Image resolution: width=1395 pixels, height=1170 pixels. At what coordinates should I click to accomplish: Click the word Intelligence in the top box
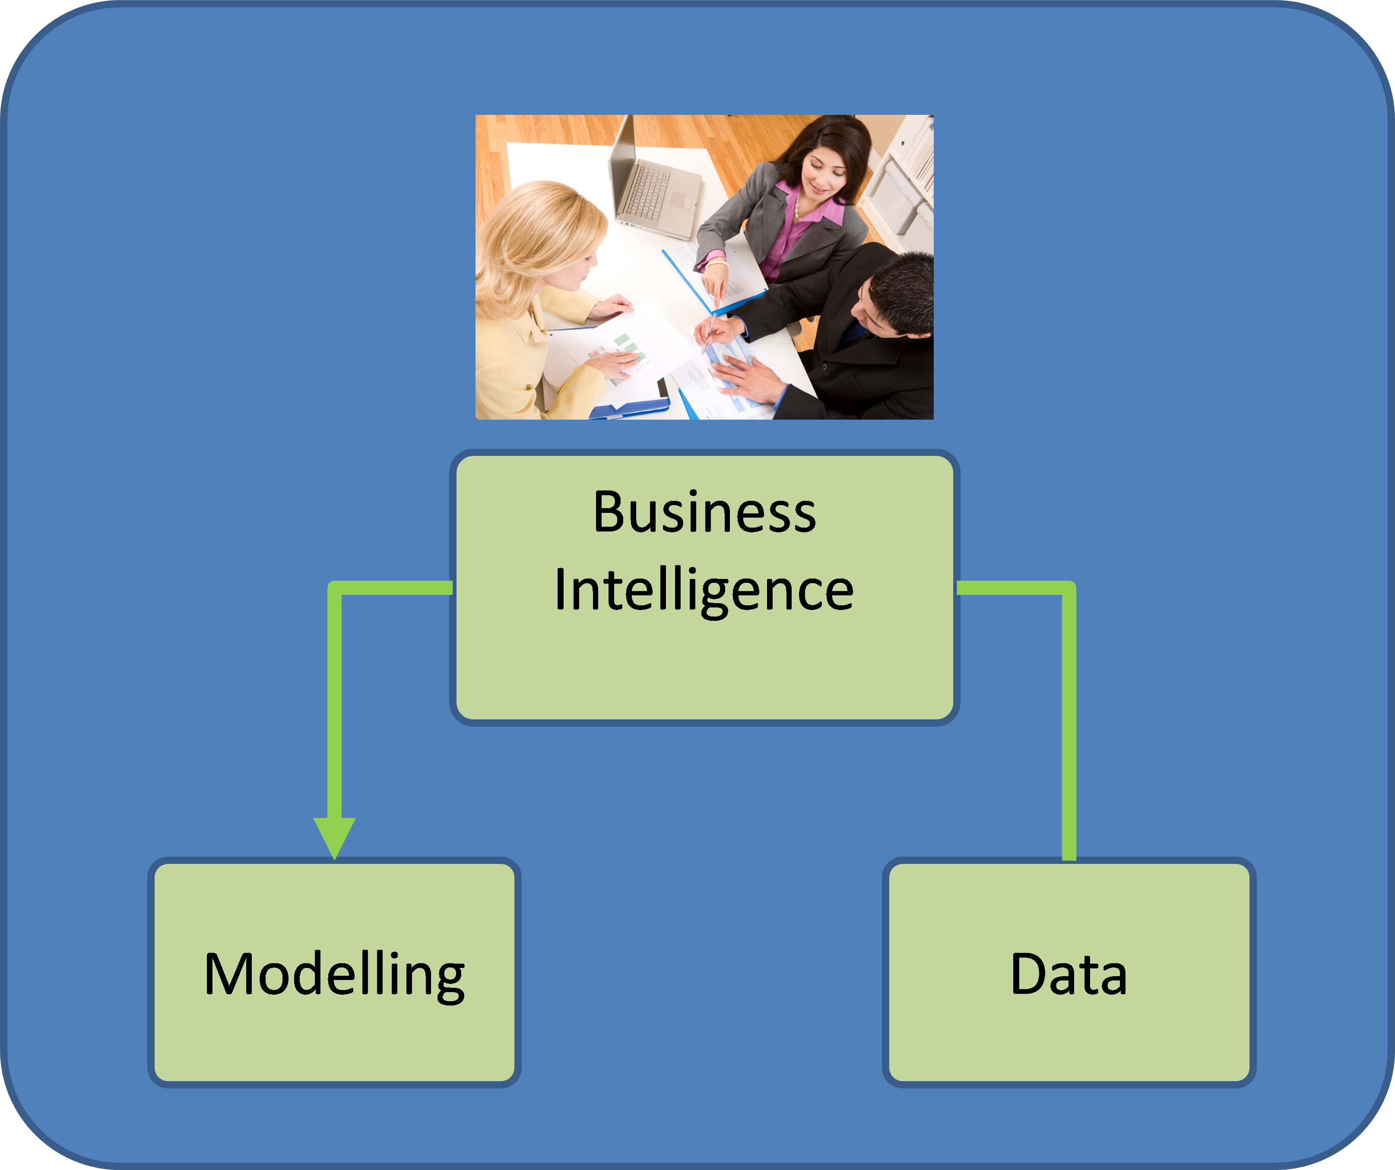tap(704, 590)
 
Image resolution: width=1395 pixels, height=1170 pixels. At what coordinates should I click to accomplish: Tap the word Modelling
tap(334, 975)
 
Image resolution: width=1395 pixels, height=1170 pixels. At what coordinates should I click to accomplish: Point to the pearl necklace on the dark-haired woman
tap(796, 209)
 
